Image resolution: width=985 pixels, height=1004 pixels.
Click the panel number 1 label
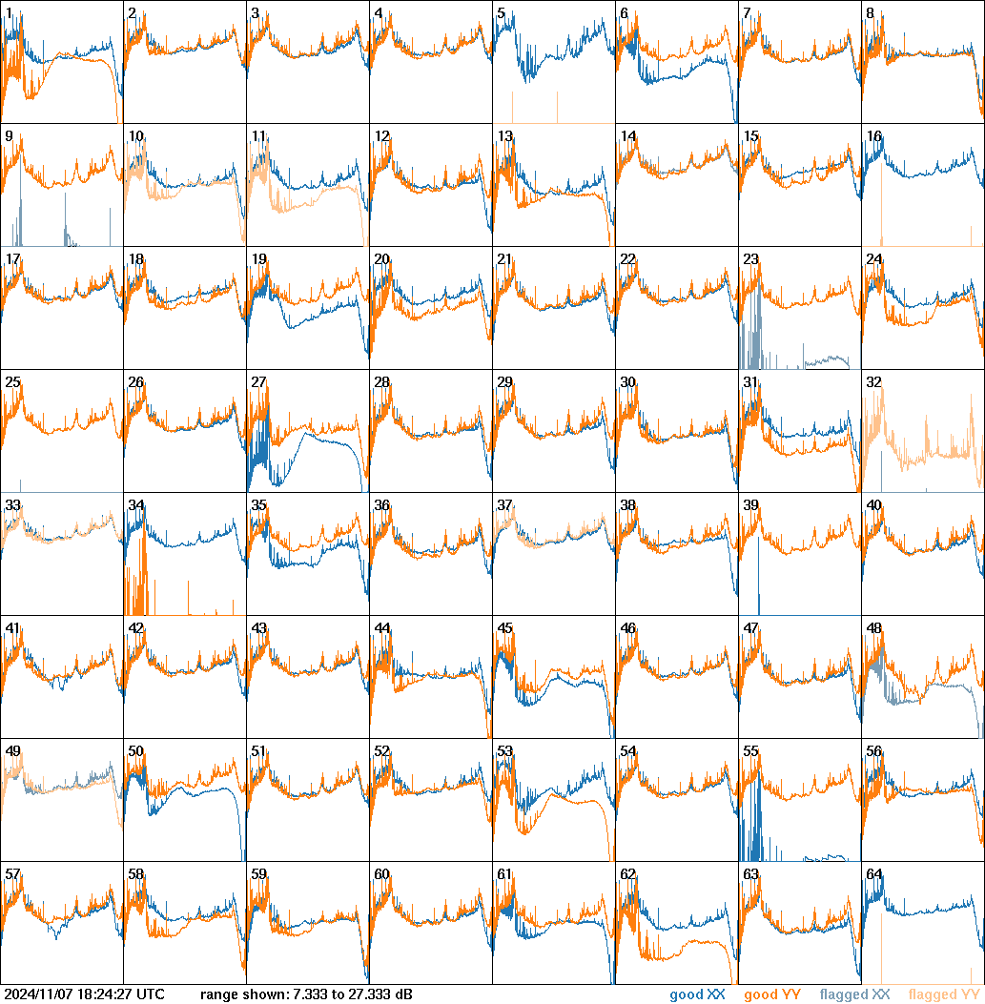click(x=9, y=13)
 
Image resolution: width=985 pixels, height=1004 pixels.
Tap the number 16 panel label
click(x=874, y=136)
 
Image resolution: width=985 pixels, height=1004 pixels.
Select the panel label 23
click(x=751, y=259)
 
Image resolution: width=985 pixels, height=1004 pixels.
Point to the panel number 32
click(x=874, y=382)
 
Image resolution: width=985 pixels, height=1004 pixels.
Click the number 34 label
click(x=136, y=505)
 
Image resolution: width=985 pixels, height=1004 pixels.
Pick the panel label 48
click(x=874, y=628)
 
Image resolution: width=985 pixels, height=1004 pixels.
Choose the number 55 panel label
click(x=751, y=751)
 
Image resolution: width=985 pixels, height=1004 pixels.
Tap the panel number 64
click(x=874, y=874)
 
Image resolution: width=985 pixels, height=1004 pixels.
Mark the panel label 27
click(x=259, y=382)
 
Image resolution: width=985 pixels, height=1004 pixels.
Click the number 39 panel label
click(x=751, y=505)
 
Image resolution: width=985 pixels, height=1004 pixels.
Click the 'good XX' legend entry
click(x=697, y=995)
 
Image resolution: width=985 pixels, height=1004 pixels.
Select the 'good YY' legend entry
click(x=771, y=995)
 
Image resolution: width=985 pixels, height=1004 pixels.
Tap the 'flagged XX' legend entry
click(x=854, y=995)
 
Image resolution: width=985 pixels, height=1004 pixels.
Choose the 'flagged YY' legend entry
click(x=944, y=995)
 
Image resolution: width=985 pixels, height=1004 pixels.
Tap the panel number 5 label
click(x=501, y=13)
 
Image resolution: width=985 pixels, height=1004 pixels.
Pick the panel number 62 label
click(x=628, y=874)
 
